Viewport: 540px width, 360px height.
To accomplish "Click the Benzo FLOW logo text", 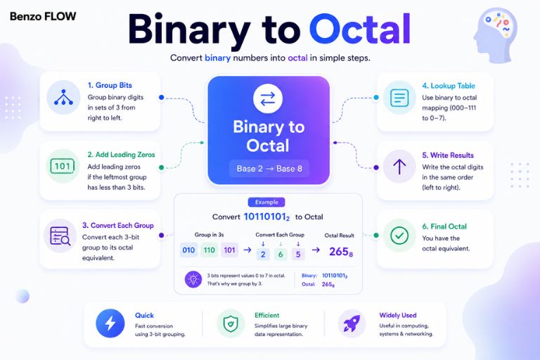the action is [43, 16].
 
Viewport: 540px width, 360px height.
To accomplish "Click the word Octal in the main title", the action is [359, 29].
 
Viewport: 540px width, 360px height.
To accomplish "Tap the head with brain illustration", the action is [495, 36].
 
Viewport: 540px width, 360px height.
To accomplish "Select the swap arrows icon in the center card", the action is [268, 98].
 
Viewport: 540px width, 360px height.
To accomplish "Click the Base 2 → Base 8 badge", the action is [269, 169].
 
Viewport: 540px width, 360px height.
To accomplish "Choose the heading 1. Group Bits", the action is [110, 85].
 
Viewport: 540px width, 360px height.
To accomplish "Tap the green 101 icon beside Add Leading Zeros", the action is [63, 166].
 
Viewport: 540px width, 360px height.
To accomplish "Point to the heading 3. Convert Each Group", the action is [118, 225].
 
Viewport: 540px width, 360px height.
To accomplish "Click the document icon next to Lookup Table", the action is [399, 98].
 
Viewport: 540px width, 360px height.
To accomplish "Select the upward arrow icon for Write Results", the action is [399, 167].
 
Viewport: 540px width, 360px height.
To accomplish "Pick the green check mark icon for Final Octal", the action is [399, 236].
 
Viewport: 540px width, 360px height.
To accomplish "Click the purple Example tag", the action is [266, 202].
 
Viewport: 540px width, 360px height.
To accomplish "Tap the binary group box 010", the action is [188, 250].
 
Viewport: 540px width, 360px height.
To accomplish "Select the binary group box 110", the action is [209, 250].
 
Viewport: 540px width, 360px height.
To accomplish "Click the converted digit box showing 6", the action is [281, 255].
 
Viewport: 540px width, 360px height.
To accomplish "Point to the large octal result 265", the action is [340, 252].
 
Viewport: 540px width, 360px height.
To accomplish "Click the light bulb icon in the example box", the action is [193, 279].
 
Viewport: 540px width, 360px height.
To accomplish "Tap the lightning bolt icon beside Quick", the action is [110, 323].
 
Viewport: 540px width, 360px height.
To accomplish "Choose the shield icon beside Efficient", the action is [231, 323].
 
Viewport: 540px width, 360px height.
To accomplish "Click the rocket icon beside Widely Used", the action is [352, 323].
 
